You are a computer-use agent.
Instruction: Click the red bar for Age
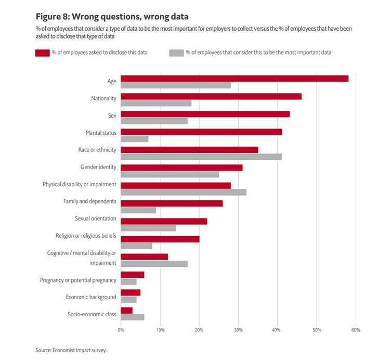(234, 79)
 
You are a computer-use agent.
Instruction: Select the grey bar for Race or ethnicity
(201, 157)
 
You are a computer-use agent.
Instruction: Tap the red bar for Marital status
(201, 132)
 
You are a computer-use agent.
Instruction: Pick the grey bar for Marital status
(134, 139)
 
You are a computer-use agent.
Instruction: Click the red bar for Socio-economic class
(126, 310)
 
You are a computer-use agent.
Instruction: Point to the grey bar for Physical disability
(183, 192)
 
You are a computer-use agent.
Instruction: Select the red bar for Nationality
(211, 96)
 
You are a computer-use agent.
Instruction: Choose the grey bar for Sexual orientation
(148, 228)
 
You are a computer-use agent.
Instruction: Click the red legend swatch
(42, 53)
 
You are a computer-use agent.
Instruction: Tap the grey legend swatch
(176, 53)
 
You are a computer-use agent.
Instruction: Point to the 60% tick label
(356, 330)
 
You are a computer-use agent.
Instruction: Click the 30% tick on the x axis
(238, 330)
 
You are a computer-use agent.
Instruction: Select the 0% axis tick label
(121, 330)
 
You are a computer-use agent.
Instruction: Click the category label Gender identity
(98, 167)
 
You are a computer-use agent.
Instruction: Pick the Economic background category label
(91, 297)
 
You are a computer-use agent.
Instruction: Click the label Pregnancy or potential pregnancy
(78, 280)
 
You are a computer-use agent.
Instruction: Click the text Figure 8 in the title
(54, 16)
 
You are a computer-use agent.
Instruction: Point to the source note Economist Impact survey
(71, 350)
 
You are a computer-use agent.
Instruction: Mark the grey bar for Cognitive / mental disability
(154, 263)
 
